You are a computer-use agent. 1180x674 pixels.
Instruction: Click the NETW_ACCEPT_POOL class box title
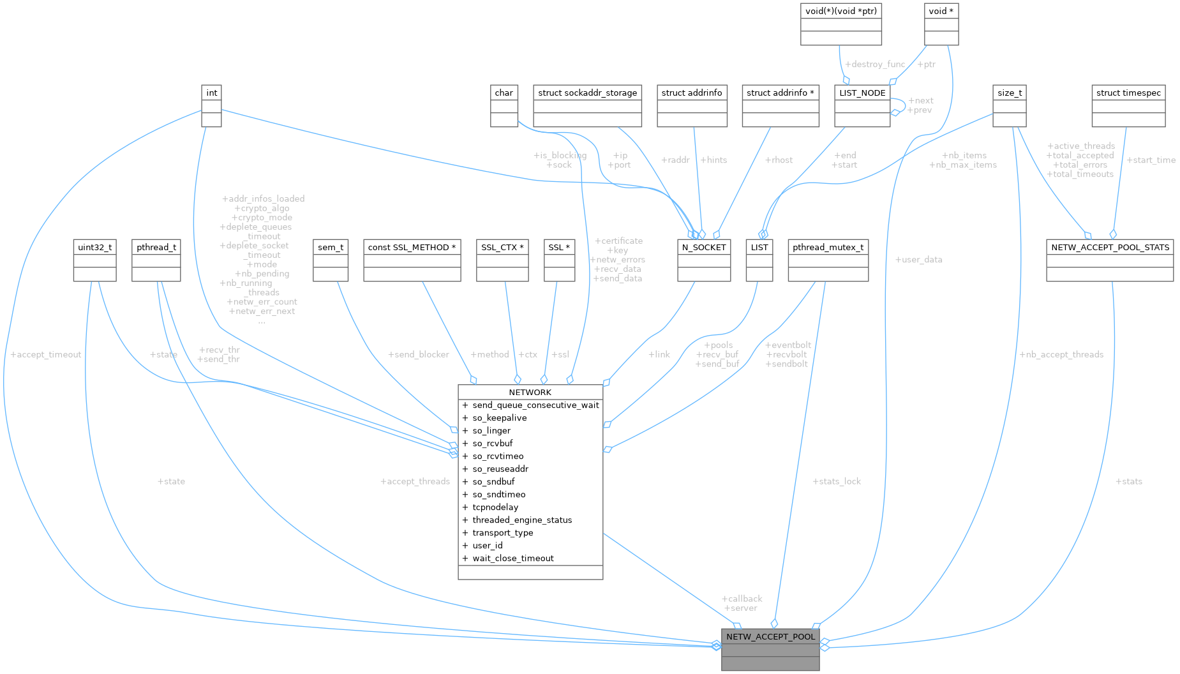click(x=770, y=636)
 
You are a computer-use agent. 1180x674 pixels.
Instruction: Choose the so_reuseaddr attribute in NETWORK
click(x=500, y=468)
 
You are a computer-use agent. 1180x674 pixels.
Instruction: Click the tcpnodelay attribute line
click(x=495, y=507)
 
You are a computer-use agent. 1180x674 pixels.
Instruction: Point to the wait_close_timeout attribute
click(x=513, y=558)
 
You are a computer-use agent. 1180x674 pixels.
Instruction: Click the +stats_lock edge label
click(x=837, y=481)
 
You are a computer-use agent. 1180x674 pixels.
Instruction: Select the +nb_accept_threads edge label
click(x=1061, y=354)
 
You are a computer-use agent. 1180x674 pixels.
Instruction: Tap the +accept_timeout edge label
click(x=46, y=354)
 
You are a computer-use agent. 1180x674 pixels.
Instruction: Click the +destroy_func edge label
click(x=874, y=64)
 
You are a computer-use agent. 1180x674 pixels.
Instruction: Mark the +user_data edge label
click(x=918, y=260)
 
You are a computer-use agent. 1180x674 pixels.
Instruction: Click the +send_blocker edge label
click(x=418, y=354)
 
